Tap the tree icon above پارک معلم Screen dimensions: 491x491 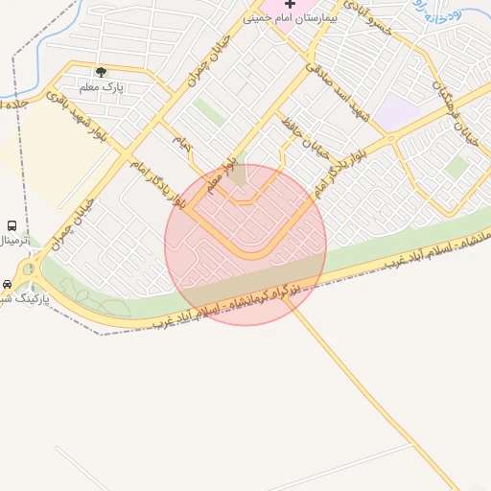pyautogui.click(x=101, y=72)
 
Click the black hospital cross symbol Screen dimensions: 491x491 pyautogui.click(x=291, y=4)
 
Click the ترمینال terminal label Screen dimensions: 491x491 pyautogui.click(x=10, y=238)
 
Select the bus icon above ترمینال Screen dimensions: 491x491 pyautogui.click(x=12, y=223)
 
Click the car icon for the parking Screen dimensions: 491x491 pyautogui.click(x=7, y=285)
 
